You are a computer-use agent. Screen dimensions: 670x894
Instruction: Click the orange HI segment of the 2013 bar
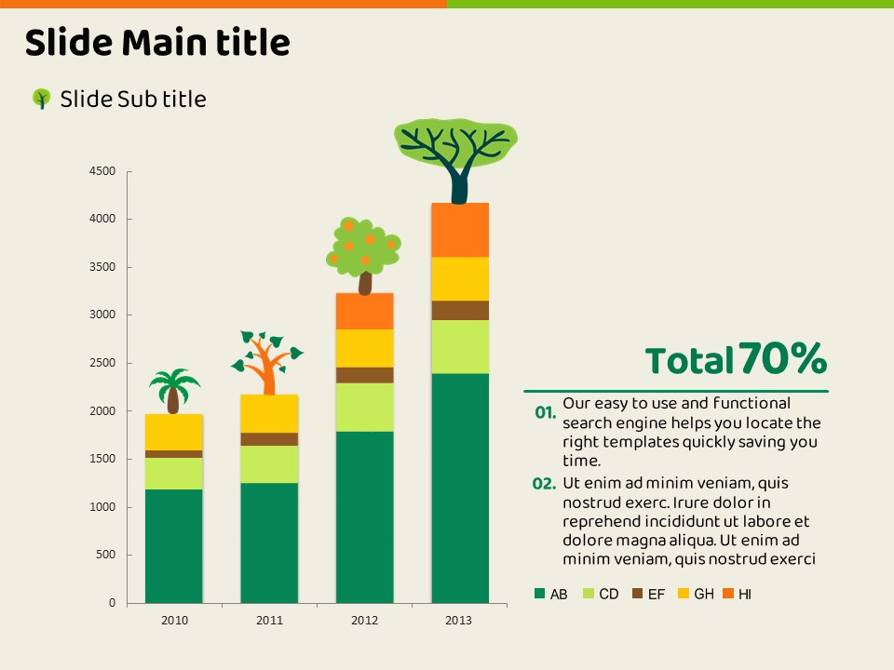460,230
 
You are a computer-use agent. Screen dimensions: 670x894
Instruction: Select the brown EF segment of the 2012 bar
365,375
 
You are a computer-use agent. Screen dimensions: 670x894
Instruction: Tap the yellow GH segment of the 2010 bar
174,433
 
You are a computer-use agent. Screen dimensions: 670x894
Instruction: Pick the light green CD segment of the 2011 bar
269,464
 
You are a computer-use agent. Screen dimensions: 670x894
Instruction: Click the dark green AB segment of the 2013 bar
460,488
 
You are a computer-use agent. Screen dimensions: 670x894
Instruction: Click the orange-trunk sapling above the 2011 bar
268,362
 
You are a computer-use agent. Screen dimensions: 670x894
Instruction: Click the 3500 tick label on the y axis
104,268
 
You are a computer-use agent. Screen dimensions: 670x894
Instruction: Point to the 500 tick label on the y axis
108,556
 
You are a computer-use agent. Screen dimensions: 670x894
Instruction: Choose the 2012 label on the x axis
364,621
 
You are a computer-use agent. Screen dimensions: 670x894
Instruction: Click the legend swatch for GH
683,594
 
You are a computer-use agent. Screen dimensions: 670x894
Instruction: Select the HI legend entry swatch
728,594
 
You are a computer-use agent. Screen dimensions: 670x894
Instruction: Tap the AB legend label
559,594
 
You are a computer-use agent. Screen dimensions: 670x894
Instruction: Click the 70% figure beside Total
783,358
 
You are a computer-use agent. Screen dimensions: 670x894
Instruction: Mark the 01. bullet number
546,411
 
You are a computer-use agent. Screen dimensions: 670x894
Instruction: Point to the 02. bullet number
544,483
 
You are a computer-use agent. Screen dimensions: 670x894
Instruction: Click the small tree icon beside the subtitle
41,99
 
